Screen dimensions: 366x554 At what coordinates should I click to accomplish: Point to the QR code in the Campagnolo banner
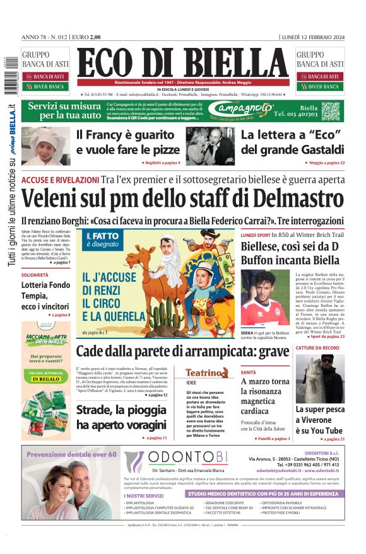click(330, 112)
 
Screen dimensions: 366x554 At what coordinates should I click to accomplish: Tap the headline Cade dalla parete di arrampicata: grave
click(182, 351)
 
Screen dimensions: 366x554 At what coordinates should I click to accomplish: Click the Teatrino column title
click(206, 372)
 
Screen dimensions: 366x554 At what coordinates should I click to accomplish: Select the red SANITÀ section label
click(248, 372)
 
